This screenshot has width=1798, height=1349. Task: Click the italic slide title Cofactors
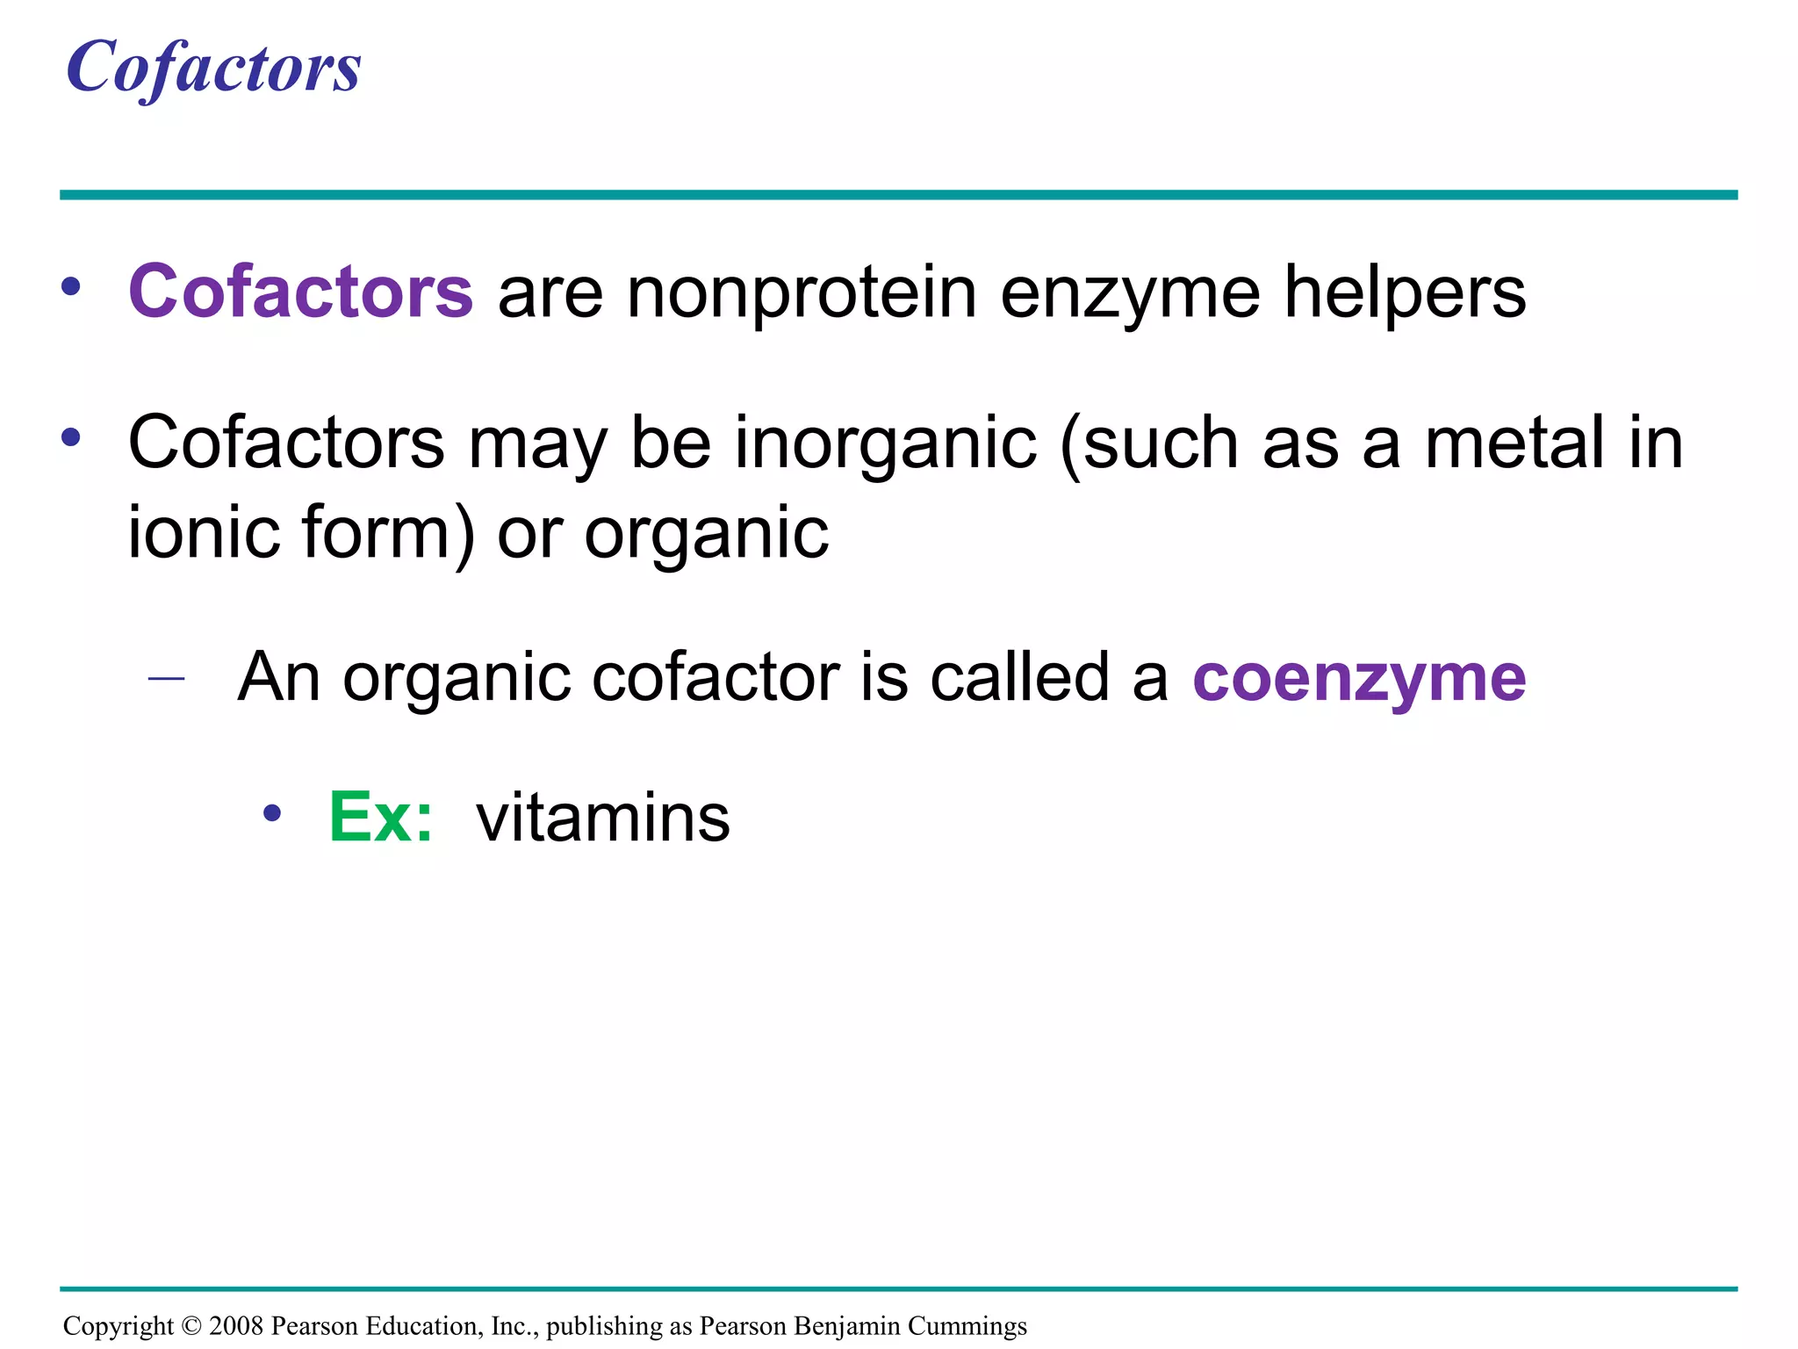click(x=213, y=68)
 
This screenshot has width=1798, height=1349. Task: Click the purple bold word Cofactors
click(x=301, y=292)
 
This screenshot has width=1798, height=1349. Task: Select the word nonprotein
click(x=802, y=293)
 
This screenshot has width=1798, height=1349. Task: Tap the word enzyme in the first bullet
click(x=1130, y=295)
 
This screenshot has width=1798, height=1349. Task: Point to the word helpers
click(x=1405, y=293)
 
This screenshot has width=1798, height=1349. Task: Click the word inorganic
click(x=886, y=444)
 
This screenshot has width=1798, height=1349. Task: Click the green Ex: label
click(x=381, y=818)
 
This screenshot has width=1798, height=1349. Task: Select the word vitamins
click(x=602, y=818)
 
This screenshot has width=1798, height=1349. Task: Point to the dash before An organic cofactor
click(x=167, y=678)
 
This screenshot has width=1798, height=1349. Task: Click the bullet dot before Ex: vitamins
click(x=272, y=813)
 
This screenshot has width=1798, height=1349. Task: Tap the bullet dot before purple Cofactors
click(x=71, y=285)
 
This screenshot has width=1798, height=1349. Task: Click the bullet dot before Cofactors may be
click(x=71, y=436)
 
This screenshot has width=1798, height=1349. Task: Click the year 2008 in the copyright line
click(x=236, y=1325)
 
